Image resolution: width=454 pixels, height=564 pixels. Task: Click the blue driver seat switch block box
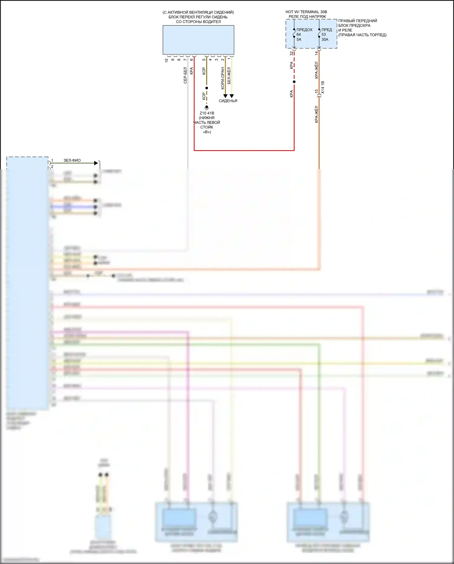click(x=198, y=40)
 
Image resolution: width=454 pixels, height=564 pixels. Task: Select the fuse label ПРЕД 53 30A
click(x=326, y=35)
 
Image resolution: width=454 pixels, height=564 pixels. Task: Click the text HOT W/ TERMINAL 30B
click(x=306, y=12)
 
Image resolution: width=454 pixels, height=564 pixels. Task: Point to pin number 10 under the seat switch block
click(x=166, y=60)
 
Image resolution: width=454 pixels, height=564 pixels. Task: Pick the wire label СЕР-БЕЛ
click(x=185, y=75)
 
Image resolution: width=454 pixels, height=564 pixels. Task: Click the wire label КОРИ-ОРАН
click(x=223, y=78)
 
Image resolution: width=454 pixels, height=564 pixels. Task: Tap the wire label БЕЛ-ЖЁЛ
click(x=229, y=76)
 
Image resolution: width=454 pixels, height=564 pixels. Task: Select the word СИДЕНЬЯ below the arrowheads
click(x=228, y=101)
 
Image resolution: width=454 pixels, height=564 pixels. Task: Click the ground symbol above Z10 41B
click(x=207, y=107)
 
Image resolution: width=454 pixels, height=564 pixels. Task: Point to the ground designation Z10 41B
click(x=207, y=113)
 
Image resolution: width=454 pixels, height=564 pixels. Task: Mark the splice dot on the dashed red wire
click(x=294, y=82)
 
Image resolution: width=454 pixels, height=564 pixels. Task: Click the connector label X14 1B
click(x=323, y=87)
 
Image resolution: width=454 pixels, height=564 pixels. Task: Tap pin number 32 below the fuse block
click(x=291, y=53)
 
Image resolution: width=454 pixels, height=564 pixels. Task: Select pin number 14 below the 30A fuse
click(x=316, y=53)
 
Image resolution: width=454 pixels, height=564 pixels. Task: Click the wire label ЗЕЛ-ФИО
click(x=72, y=160)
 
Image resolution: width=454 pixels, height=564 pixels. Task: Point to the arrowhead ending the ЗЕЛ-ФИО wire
click(x=96, y=163)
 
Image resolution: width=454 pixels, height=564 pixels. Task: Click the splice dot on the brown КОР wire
click(x=207, y=88)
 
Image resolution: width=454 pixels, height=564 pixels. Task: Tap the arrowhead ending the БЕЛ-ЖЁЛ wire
click(x=232, y=96)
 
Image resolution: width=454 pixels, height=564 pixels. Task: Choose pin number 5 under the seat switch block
click(x=204, y=60)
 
